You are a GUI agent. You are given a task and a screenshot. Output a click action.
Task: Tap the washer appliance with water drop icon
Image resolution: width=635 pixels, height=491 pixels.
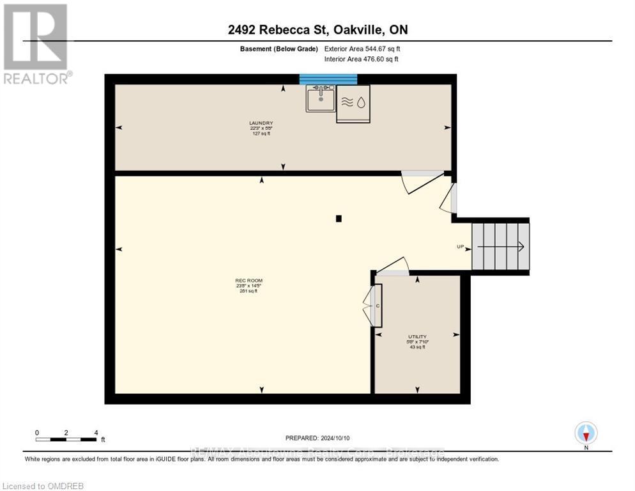(353, 104)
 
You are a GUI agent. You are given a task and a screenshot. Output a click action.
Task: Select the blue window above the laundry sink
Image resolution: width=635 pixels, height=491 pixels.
(328, 79)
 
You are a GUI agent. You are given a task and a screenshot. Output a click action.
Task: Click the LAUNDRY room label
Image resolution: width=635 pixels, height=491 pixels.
(261, 128)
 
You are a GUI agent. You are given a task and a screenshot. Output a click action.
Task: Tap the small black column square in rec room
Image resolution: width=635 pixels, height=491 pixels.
(339, 219)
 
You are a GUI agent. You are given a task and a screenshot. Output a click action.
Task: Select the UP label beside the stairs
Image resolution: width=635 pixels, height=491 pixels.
(460, 247)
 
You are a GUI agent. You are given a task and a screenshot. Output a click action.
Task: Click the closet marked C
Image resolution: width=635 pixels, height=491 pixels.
(378, 306)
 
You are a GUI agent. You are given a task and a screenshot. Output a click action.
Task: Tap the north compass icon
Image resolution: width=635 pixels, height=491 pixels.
(586, 433)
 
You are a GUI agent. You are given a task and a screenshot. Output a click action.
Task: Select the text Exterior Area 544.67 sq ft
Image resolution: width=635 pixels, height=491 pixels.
(362, 49)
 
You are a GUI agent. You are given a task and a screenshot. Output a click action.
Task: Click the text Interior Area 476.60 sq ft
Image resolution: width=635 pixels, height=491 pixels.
(361, 59)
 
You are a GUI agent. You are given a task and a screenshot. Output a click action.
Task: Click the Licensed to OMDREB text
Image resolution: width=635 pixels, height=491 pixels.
(43, 486)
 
